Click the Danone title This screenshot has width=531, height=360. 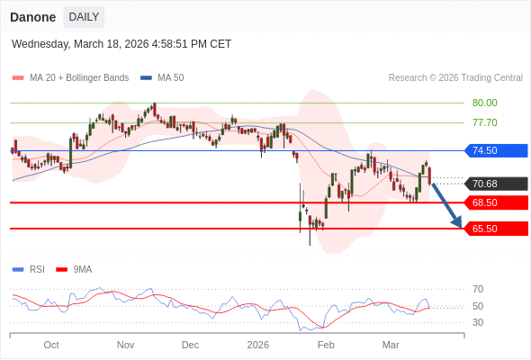[x=32, y=17]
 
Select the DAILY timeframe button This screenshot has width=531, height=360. [x=84, y=17]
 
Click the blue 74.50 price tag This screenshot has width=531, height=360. [x=496, y=150]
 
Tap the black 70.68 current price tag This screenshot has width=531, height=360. [x=496, y=184]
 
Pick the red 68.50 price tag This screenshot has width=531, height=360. [x=496, y=202]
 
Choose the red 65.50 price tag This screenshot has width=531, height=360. [x=496, y=229]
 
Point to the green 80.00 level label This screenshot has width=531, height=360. [x=484, y=103]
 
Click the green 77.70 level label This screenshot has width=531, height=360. [x=484, y=122]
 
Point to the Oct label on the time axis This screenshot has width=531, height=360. [x=51, y=345]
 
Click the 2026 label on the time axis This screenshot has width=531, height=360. [x=258, y=345]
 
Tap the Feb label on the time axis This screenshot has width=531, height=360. [x=326, y=345]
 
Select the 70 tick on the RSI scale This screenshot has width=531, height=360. [x=478, y=289]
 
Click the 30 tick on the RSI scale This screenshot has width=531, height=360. [x=478, y=322]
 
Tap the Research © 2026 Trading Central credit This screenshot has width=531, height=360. [x=455, y=77]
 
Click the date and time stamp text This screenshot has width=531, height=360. [x=121, y=43]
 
